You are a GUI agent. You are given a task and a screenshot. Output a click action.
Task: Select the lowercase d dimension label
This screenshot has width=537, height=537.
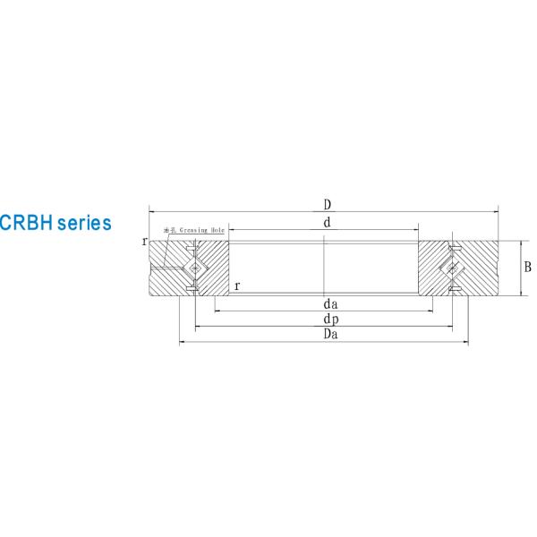(x=327, y=223)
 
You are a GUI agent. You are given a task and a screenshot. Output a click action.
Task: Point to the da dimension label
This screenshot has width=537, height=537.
(x=330, y=304)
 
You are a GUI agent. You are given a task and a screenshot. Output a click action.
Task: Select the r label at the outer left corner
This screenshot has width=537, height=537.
(x=144, y=242)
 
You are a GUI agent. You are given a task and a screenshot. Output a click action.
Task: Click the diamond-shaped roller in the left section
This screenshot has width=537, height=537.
(x=194, y=268)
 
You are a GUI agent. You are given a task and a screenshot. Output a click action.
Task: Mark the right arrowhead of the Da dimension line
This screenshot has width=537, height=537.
(x=465, y=342)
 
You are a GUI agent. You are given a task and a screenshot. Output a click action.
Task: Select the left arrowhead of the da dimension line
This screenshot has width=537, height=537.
(x=217, y=311)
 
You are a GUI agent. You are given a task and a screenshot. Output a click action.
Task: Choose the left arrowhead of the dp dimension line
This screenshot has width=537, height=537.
(x=197, y=327)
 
